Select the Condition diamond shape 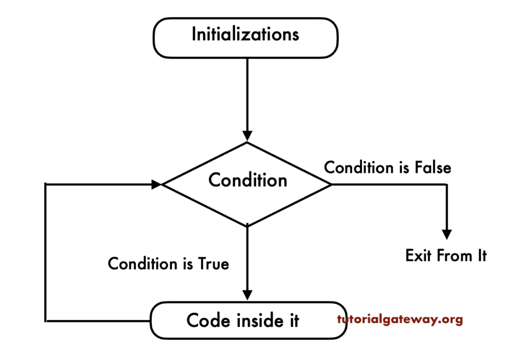(x=248, y=184)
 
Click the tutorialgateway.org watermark (x=400, y=319)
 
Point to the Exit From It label (x=446, y=256)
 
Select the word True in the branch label (x=213, y=264)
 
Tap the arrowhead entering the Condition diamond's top (x=248, y=136)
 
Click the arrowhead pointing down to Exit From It (x=447, y=233)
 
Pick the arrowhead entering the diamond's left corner (x=156, y=184)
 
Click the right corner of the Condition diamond (x=331, y=184)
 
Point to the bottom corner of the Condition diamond (x=248, y=226)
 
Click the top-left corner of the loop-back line (x=46, y=184)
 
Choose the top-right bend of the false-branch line (x=447, y=184)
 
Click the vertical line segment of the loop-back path (x=46, y=252)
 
